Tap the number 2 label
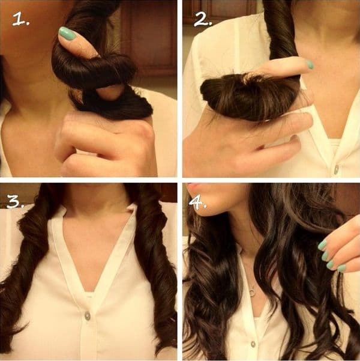coord(203,19)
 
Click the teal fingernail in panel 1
coord(67,34)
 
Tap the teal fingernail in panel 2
coord(310,64)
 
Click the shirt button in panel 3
coord(88,315)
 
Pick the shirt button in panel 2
coord(336,169)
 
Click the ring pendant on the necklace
coord(253,292)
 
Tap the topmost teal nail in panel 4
coord(322,245)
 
